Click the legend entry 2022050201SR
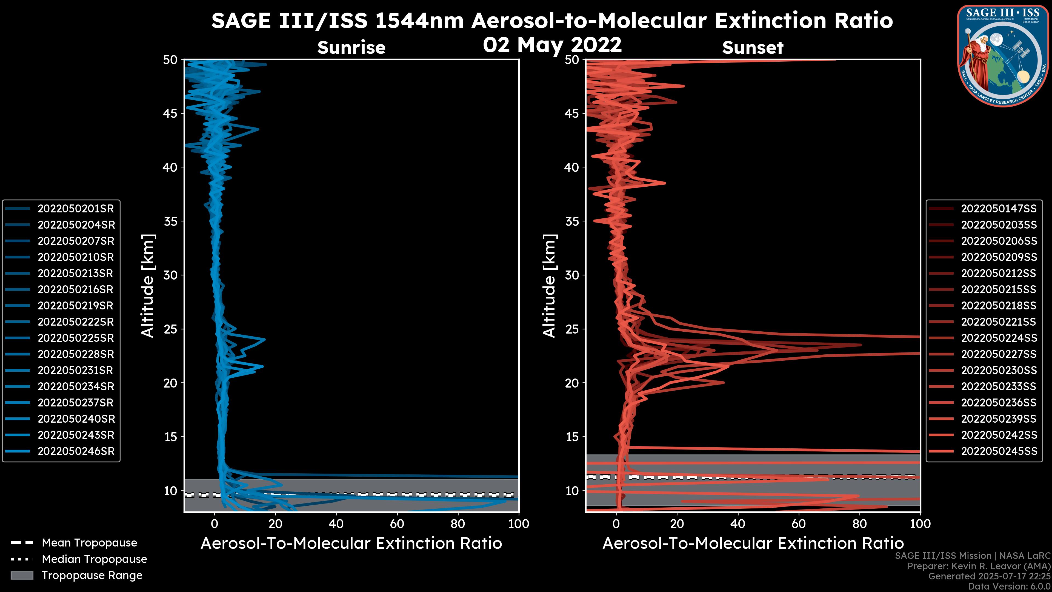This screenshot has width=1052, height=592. pyautogui.click(x=76, y=209)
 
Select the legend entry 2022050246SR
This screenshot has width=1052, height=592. pyautogui.click(x=76, y=451)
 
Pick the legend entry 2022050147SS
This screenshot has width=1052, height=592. pyautogui.click(x=999, y=209)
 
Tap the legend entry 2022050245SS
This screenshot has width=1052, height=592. pyautogui.click(x=999, y=451)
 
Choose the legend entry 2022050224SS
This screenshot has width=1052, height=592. pyautogui.click(x=999, y=338)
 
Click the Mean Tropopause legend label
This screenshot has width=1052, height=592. pyautogui.click(x=89, y=543)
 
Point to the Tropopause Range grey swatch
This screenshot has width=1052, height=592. pyautogui.click(x=22, y=576)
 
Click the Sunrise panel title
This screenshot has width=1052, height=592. pyautogui.click(x=351, y=48)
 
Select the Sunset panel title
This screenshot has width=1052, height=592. pyautogui.click(x=753, y=48)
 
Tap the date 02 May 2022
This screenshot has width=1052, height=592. pyautogui.click(x=552, y=45)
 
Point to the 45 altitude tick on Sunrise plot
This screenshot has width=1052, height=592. pyautogui.click(x=170, y=113)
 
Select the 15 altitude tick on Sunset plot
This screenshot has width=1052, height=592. pyautogui.click(x=572, y=437)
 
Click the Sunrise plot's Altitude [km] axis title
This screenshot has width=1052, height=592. pyautogui.click(x=148, y=286)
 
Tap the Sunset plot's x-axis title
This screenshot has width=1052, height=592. pyautogui.click(x=753, y=543)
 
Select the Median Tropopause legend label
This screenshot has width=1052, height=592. pyautogui.click(x=94, y=559)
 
